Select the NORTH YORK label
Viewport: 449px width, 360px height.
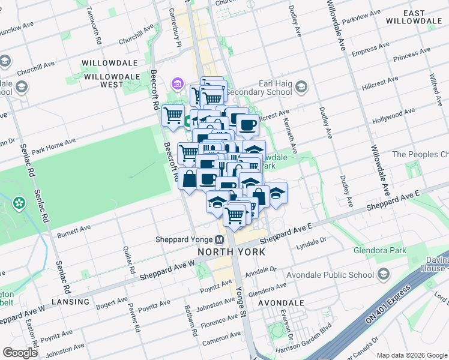(232, 252)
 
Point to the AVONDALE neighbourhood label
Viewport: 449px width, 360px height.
(281, 303)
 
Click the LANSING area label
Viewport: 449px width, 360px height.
(70, 301)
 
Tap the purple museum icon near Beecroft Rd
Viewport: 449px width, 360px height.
(178, 83)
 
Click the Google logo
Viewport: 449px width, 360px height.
(20, 352)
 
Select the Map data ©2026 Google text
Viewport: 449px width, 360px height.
(412, 355)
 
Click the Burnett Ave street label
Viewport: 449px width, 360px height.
(73, 229)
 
